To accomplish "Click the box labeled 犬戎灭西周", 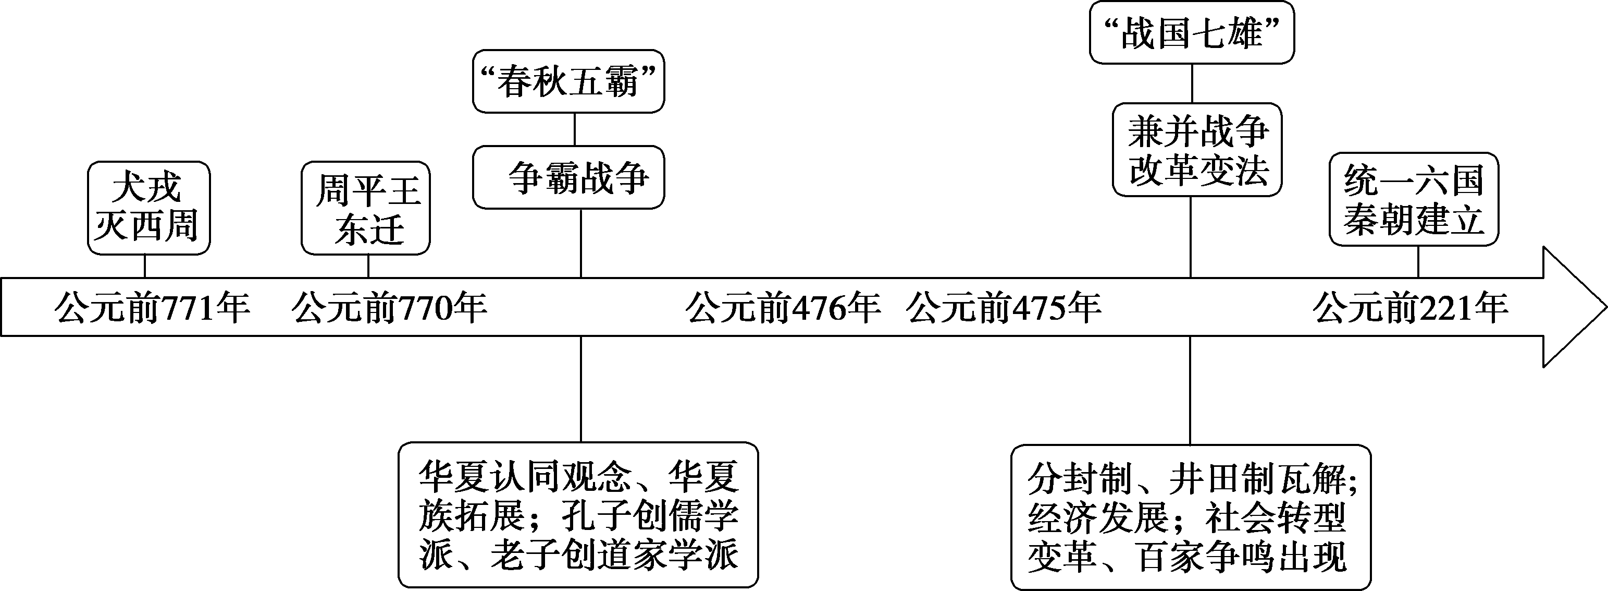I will [x=148, y=208].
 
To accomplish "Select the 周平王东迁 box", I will [x=366, y=208].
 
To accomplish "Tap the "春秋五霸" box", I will [x=568, y=81].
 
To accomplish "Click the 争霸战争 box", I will [x=568, y=177].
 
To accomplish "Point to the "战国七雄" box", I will [x=1192, y=32].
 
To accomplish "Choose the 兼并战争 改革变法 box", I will [x=1197, y=150].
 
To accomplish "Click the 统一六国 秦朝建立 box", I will [x=1414, y=199].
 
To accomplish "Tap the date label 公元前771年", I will [x=152, y=307].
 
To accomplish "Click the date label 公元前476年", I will [x=783, y=307].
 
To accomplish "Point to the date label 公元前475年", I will [x=1004, y=307].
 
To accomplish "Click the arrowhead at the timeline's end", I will [x=1573, y=307].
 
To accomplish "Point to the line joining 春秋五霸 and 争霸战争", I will [x=574, y=129].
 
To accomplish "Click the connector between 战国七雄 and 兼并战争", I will [x=1192, y=83].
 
